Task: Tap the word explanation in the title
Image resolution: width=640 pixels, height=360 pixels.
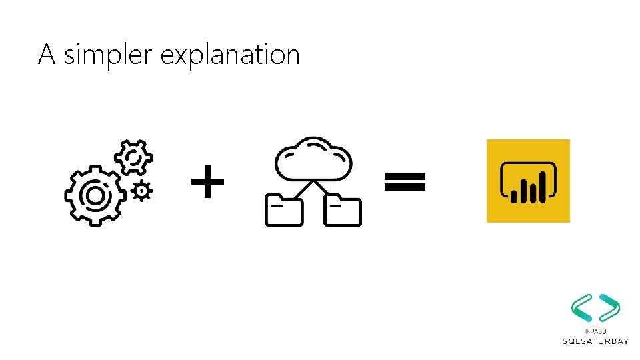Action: point(230,55)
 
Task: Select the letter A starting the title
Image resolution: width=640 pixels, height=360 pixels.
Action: point(46,54)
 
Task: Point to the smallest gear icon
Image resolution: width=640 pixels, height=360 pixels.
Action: point(141,191)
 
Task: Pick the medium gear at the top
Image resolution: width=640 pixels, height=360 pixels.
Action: point(133,157)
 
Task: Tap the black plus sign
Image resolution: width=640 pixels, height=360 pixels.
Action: point(207,183)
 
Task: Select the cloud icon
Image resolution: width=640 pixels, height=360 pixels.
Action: point(313,159)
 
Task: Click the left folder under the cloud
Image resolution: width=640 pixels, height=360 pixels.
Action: point(284,210)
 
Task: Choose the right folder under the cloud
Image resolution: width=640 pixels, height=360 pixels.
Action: point(342,210)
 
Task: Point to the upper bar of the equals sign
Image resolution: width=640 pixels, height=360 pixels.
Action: point(404,175)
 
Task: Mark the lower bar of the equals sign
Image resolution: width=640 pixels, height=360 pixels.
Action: point(404,187)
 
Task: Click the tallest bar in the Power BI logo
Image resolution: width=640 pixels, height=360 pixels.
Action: point(543,187)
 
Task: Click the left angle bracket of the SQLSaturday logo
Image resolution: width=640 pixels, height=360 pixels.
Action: point(581,307)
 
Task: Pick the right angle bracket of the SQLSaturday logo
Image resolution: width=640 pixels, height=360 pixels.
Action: point(609,307)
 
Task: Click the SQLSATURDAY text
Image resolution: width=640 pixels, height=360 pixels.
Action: point(595,341)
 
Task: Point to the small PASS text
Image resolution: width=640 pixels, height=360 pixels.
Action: point(595,331)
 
